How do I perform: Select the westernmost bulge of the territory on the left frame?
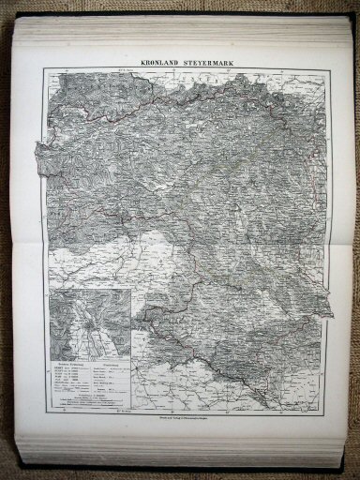click(x=38, y=150)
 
